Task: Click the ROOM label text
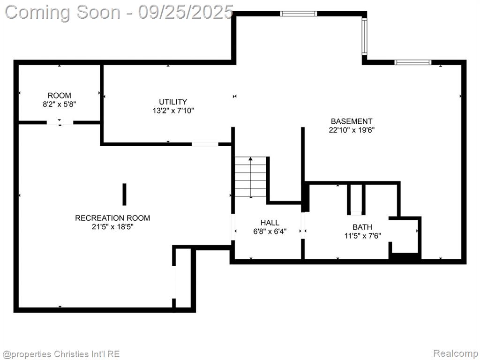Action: tap(60, 96)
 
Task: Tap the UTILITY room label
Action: tap(173, 102)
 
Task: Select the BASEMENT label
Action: tap(352, 121)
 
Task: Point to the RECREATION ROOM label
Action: tap(112, 218)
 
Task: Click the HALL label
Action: tap(270, 223)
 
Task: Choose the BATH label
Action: tap(362, 227)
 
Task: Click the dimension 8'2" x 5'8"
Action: tap(60, 105)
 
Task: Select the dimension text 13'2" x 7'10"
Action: tap(173, 111)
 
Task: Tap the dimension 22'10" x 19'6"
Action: tap(352, 130)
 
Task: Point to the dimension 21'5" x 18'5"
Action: tap(112, 227)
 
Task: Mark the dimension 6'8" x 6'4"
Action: tap(270, 232)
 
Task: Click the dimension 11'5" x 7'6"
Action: tap(362, 236)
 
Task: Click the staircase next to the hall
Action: tap(251, 177)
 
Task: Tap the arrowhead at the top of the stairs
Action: tap(251, 159)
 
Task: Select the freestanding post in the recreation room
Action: tap(124, 195)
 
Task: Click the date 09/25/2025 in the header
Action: tap(186, 12)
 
